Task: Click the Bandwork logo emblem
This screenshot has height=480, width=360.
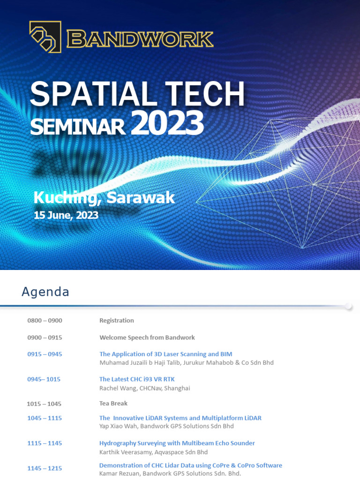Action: (x=45, y=36)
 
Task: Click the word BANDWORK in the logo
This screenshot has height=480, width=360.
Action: (x=140, y=39)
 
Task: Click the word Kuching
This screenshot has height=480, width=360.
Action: (x=67, y=198)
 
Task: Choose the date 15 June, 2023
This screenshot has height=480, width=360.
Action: (x=66, y=215)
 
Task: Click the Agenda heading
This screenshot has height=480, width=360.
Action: (x=45, y=292)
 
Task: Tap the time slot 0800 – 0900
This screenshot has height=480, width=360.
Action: (x=45, y=321)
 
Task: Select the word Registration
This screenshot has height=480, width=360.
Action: (x=117, y=321)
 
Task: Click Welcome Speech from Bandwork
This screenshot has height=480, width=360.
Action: (x=147, y=337)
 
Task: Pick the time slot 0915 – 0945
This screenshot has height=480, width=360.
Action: (x=45, y=354)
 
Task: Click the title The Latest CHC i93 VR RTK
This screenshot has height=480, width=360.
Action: (x=137, y=379)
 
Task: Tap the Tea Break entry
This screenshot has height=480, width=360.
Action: (x=113, y=403)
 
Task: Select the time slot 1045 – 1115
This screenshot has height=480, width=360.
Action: (x=45, y=418)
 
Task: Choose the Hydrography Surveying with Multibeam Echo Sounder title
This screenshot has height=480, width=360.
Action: (x=177, y=443)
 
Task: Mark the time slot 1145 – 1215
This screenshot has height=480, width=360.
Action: (x=45, y=468)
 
